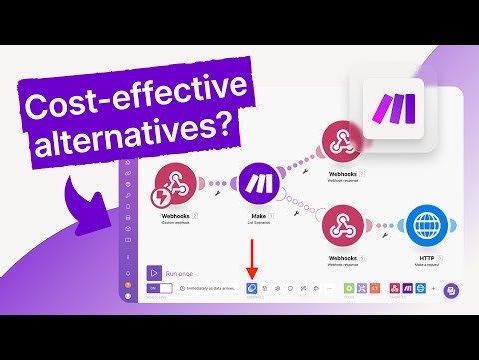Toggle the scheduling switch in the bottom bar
[160, 289]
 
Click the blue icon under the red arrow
[251, 288]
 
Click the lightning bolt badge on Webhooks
[164, 194]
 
